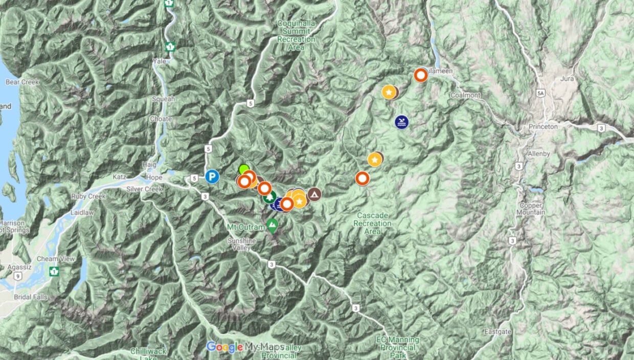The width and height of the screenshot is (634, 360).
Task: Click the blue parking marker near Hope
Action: (212, 177)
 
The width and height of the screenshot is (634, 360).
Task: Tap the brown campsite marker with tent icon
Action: (314, 194)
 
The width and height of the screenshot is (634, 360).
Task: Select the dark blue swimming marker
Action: (402, 122)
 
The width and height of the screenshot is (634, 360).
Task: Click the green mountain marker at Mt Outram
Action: (273, 226)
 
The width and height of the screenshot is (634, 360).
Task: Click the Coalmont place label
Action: (466, 96)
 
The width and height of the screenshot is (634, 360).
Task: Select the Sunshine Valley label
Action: (242, 244)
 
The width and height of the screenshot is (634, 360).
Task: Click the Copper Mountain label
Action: (531, 209)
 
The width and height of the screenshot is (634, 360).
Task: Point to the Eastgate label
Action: (497, 332)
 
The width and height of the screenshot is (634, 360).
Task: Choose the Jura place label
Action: (567, 79)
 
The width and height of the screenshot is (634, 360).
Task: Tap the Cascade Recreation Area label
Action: (372, 223)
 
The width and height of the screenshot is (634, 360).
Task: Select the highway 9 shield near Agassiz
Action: (18, 276)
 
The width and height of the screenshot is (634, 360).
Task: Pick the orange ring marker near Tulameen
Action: (421, 76)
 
